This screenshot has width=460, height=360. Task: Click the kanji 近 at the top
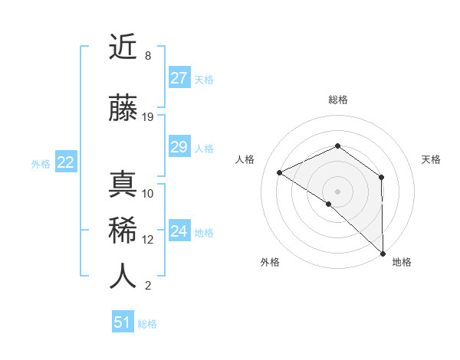click(123, 48)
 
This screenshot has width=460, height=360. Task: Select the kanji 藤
click(123, 110)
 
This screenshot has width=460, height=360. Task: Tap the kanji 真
click(123, 185)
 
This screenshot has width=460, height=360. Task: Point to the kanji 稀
click(123, 231)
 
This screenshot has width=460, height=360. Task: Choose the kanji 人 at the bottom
click(123, 277)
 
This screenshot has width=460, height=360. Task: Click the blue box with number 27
click(179, 78)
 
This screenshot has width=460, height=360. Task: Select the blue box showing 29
click(179, 147)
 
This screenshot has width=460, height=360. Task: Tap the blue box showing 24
click(179, 231)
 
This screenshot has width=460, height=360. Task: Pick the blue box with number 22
click(66, 162)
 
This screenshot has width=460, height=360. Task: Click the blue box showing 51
click(123, 322)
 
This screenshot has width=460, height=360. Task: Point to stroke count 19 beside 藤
click(149, 117)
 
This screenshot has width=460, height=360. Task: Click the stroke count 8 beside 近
click(147, 56)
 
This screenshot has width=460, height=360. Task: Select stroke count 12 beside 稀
click(149, 240)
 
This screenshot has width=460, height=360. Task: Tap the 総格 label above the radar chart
click(338, 100)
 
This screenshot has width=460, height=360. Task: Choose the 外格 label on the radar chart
click(270, 262)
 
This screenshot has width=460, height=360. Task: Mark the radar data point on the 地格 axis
click(382, 253)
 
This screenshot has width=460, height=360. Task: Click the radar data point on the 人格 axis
click(280, 172)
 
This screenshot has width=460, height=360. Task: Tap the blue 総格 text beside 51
click(147, 324)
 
